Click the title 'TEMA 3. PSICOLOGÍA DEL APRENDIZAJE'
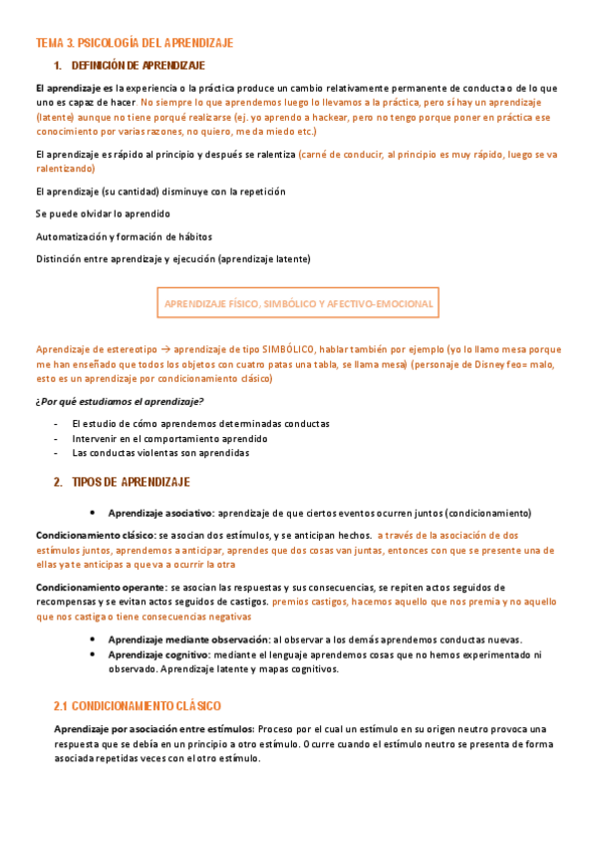[134, 43]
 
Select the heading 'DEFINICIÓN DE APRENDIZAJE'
[139, 66]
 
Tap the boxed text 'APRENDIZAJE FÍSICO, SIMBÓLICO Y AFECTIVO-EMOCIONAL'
[298, 302]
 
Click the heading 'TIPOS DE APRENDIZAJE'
[131, 482]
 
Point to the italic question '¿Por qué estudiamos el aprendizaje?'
[120, 401]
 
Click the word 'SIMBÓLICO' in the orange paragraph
[288, 349]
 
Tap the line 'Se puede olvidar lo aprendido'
[103, 213]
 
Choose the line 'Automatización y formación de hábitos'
[124, 236]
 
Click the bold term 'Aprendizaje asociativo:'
[161, 513]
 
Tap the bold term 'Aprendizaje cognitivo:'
[160, 654]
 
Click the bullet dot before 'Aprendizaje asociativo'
[92, 513]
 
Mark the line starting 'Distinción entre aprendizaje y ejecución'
[172, 259]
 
